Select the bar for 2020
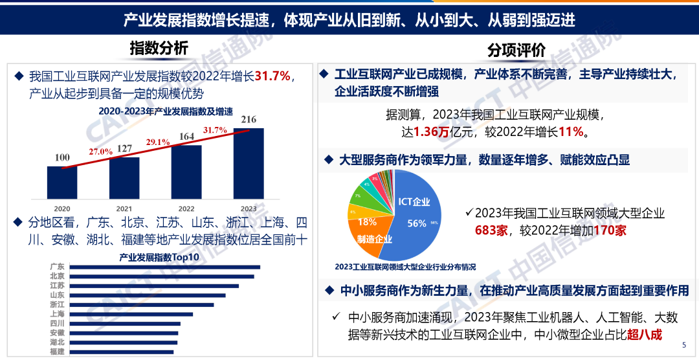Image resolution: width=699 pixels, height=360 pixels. (x=62, y=183)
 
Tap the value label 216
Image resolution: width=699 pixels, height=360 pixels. (x=249, y=119)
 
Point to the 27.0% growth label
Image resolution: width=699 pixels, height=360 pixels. (x=101, y=151)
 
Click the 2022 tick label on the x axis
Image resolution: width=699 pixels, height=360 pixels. (x=186, y=208)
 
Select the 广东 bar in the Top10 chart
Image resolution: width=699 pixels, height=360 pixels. (x=164, y=267)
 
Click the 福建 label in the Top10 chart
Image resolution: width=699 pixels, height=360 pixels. (x=57, y=352)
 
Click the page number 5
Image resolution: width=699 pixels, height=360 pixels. (x=684, y=346)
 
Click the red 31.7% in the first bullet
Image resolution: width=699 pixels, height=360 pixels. (x=272, y=76)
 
